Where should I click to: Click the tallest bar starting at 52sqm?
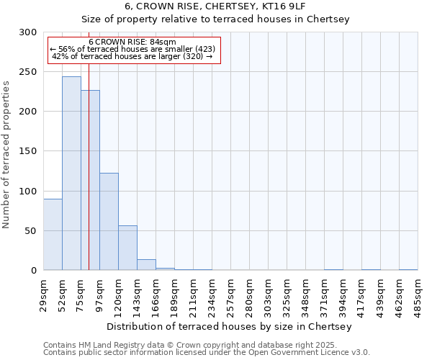click(71, 173)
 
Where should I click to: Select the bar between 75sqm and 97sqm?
click(90, 180)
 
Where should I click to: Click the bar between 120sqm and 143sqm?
click(127, 248)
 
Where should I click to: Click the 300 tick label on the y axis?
click(28, 32)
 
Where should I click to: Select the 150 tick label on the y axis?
click(28, 151)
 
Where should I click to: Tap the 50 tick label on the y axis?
click(31, 231)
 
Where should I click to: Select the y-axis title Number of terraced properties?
click(6, 155)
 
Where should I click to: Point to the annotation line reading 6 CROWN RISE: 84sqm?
click(132, 42)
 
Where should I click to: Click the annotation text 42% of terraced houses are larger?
click(132, 56)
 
